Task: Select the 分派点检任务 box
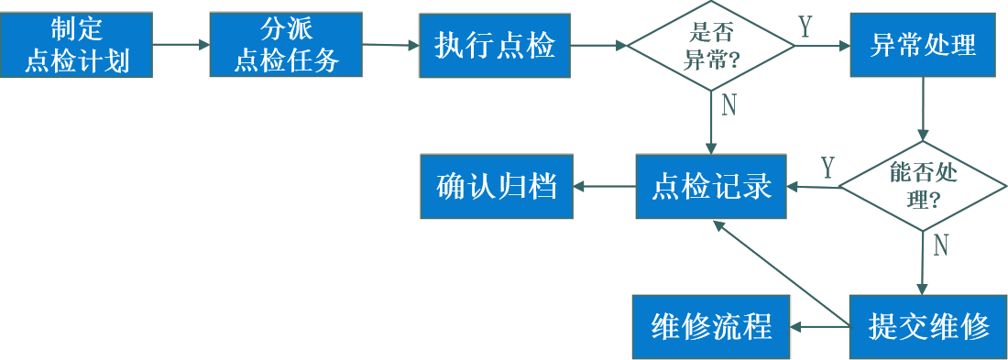[287, 45]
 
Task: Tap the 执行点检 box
[496, 46]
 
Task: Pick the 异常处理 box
[923, 45]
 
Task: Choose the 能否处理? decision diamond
[924, 185]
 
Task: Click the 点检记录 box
[711, 188]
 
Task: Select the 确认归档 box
[497, 187]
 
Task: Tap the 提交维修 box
[928, 327]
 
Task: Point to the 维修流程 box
[711, 327]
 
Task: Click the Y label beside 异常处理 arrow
[805, 27]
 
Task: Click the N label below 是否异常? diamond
[729, 106]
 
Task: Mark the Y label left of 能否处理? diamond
[827, 169]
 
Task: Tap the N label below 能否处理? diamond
[940, 245]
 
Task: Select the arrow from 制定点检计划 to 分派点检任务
[181, 44]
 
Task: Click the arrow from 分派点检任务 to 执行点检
[391, 44]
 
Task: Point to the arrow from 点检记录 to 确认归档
[605, 187]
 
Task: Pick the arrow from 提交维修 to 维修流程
[819, 326]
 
